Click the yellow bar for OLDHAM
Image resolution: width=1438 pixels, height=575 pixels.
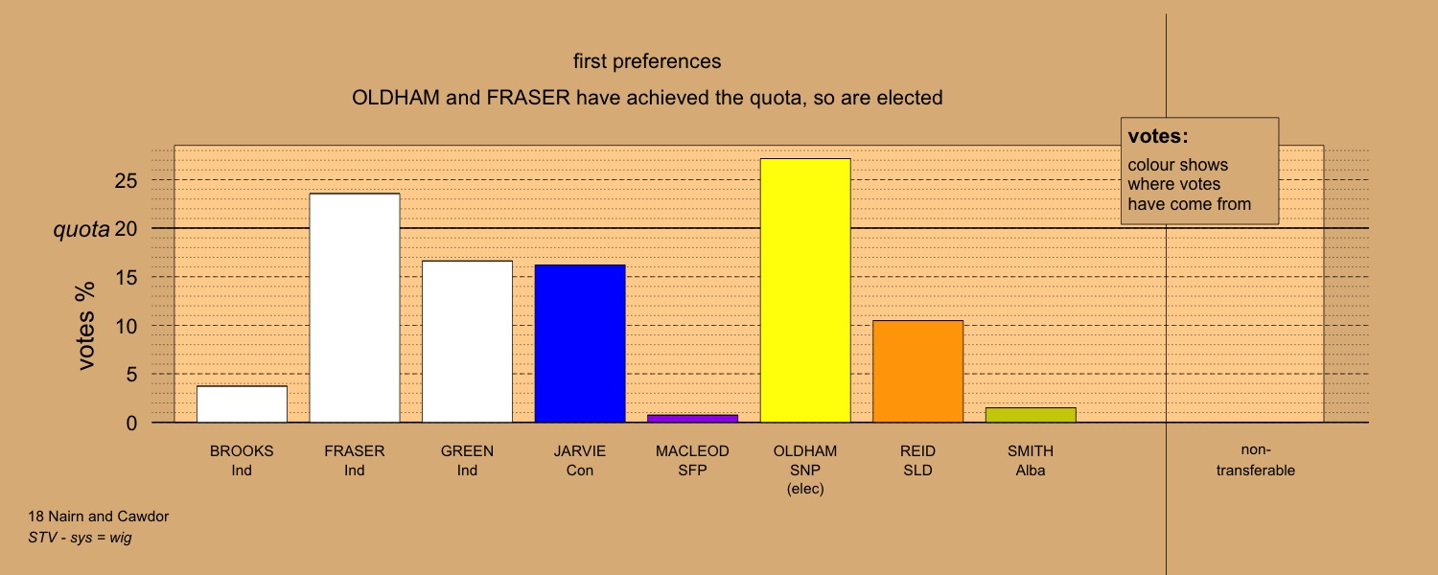point(805,290)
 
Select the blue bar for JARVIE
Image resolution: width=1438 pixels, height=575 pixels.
point(580,343)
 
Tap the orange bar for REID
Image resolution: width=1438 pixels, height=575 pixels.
point(918,371)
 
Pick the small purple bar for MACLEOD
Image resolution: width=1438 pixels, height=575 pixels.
point(693,419)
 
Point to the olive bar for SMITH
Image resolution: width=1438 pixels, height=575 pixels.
point(1031,415)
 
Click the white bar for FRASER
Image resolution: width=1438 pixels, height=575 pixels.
point(355,308)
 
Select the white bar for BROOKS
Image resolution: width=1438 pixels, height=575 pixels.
point(242,404)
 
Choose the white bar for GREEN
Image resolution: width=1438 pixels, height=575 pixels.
point(468,341)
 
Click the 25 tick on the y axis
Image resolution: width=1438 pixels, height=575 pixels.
point(126,180)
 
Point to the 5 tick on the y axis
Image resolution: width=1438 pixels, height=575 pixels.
point(131,374)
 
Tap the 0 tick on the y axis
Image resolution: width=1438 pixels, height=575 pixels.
point(131,423)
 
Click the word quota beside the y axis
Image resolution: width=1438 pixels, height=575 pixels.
point(81,229)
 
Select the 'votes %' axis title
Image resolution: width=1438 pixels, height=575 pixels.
point(85,326)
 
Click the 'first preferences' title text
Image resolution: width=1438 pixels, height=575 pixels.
point(647,61)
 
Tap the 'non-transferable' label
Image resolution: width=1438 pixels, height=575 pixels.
point(1256,460)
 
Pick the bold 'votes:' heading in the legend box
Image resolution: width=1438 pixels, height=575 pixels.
point(1158,136)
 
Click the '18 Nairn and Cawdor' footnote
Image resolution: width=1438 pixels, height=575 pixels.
point(98,517)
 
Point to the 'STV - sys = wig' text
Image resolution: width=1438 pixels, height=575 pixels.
point(80,538)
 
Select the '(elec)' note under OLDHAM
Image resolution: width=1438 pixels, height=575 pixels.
point(805,489)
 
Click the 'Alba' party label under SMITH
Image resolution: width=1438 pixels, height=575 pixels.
point(1031,471)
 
